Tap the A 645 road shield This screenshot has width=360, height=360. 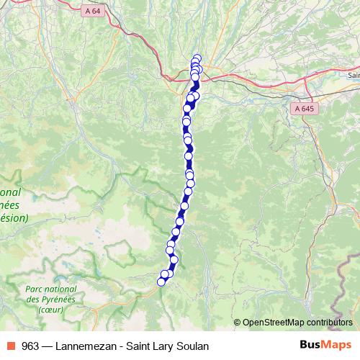point(304,108)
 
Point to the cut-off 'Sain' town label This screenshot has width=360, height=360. point(354,75)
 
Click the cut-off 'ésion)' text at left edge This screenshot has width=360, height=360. point(14,217)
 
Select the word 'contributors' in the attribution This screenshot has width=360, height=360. point(329,323)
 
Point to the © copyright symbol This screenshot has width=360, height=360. point(238,323)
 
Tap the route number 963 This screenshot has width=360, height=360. point(31,346)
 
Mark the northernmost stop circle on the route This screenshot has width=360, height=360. point(197,58)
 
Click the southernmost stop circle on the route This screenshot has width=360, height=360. point(161,282)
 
